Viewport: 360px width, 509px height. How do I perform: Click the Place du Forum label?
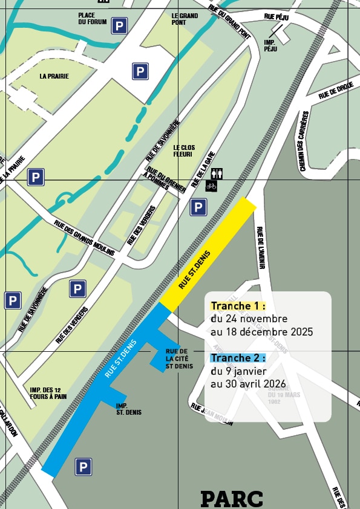[92, 19]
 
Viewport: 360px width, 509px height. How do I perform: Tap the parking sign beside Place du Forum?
[119, 25]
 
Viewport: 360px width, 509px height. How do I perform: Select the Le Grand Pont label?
[185, 19]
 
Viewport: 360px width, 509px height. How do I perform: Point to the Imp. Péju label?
[270, 45]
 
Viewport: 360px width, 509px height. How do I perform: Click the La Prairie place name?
[54, 76]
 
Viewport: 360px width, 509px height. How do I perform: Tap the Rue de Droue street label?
[336, 90]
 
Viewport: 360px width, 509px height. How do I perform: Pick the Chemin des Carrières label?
[304, 141]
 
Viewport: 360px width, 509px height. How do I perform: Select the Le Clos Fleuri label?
[184, 151]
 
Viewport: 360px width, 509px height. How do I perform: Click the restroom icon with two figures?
[217, 173]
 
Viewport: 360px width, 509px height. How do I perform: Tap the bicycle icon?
[211, 186]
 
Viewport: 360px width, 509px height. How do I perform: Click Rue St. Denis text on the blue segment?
[120, 359]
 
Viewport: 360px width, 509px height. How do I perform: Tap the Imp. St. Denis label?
[129, 409]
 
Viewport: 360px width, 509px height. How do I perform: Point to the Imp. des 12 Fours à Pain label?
[48, 393]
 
